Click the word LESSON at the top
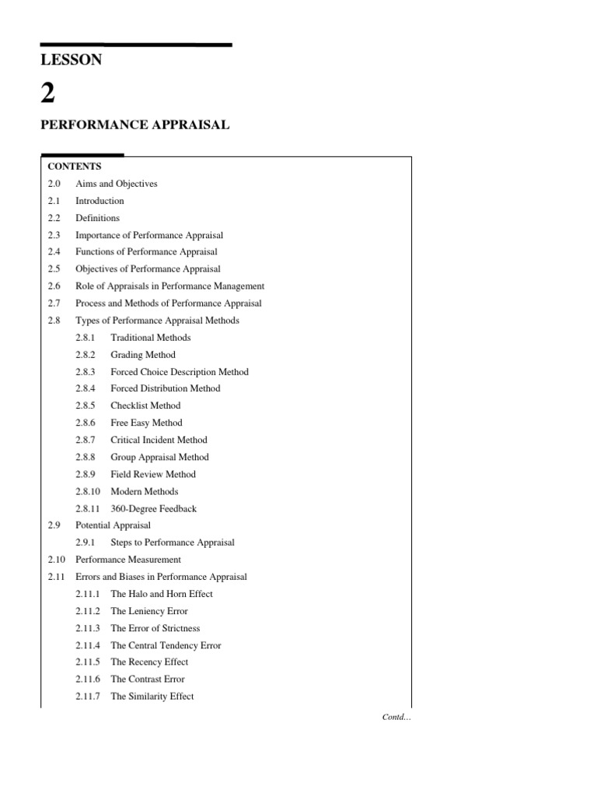[x=71, y=60]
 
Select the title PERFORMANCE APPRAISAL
[x=134, y=125]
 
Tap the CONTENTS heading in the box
[x=75, y=167]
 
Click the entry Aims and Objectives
[x=116, y=184]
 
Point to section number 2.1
[x=54, y=201]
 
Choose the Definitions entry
[x=97, y=218]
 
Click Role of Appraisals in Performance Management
[x=169, y=286]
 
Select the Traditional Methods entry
[x=150, y=338]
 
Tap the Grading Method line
[x=143, y=355]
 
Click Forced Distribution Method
[x=165, y=388]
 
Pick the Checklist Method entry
[x=145, y=406]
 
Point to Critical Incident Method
[x=159, y=440]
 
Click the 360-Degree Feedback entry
[x=153, y=508]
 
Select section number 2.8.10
[x=88, y=491]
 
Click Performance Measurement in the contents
[x=128, y=560]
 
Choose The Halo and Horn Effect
[x=161, y=594]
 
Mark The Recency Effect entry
[x=149, y=662]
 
